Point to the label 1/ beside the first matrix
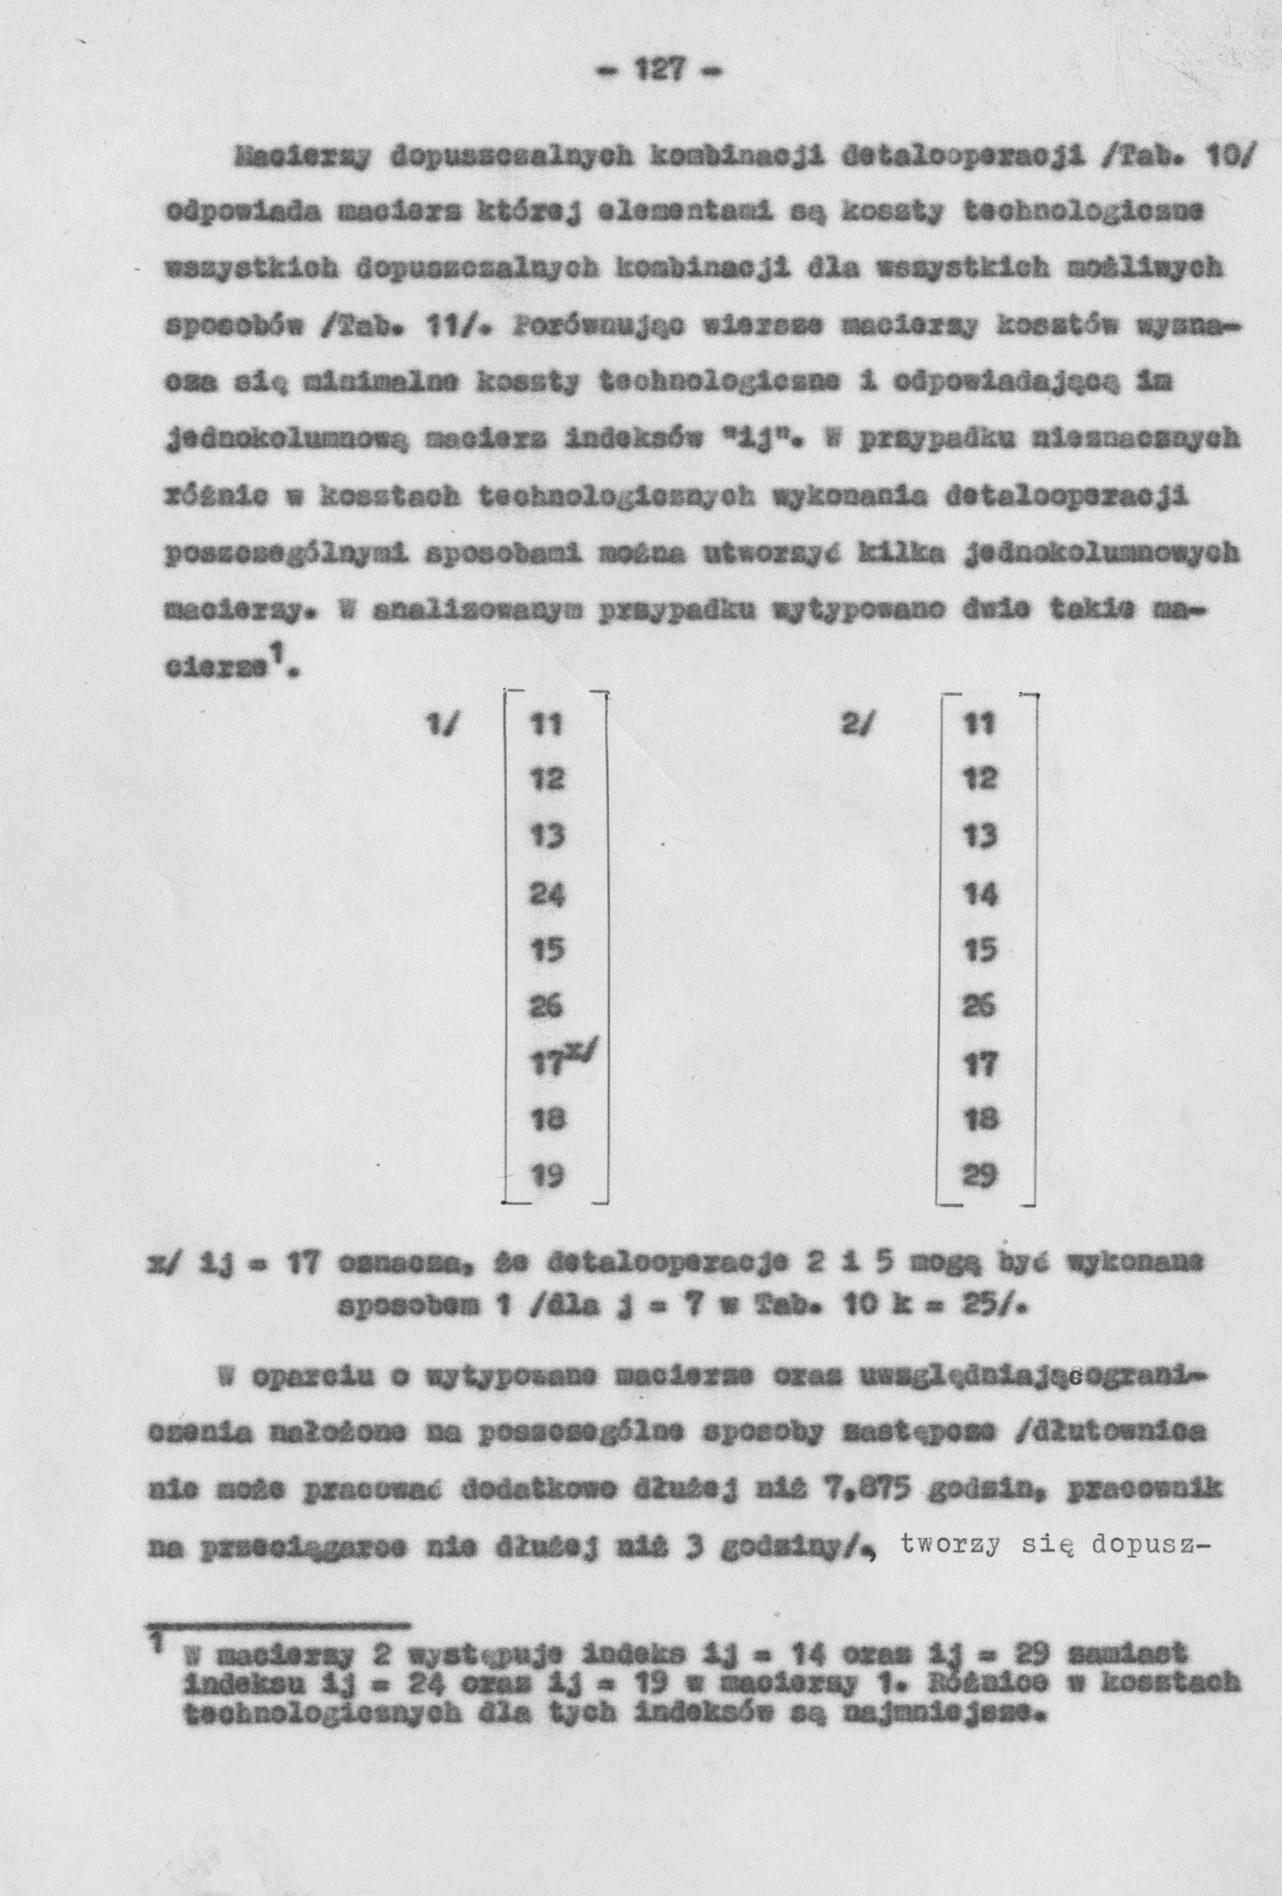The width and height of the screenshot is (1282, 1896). (x=441, y=725)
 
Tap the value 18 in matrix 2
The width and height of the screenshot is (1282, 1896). (x=978, y=1119)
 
